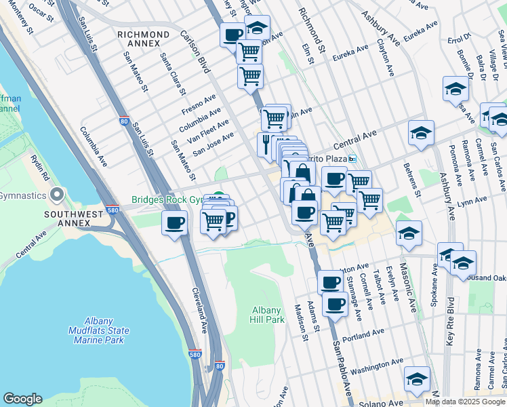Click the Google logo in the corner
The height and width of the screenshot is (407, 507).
22,399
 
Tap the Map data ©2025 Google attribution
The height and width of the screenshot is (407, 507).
465,402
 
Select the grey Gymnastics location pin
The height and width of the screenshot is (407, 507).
56,195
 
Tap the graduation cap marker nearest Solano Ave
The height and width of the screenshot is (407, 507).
417,380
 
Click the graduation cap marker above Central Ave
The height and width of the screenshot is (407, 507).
421,134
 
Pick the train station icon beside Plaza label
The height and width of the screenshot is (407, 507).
352,159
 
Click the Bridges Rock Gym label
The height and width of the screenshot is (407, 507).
167,200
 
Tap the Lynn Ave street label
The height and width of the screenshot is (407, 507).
472,203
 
